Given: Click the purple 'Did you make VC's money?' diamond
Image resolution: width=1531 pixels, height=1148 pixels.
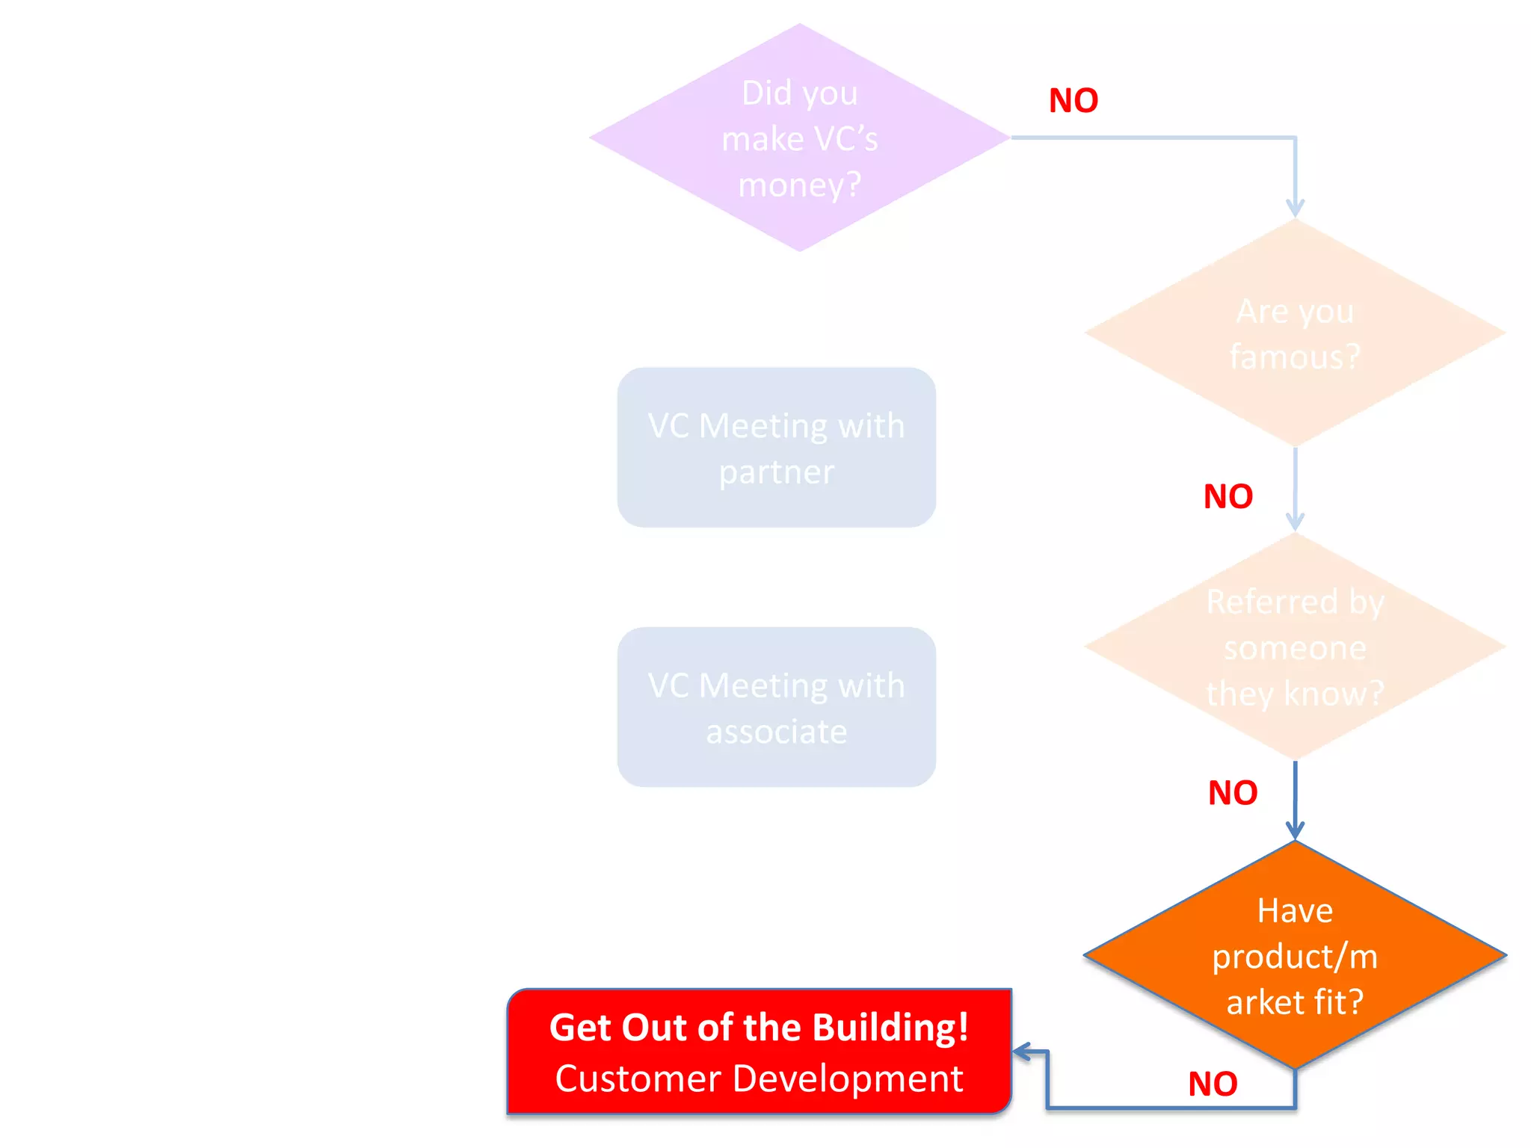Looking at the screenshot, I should tap(799, 138).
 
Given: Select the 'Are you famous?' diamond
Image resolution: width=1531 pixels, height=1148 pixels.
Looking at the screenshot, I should tap(1294, 333).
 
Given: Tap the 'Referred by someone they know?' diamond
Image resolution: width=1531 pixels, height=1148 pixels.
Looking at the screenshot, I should tap(1294, 647).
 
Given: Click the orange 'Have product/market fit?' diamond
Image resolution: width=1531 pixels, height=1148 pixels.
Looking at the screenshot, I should tap(1294, 955).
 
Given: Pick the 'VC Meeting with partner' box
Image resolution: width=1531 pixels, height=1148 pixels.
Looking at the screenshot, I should tap(776, 448).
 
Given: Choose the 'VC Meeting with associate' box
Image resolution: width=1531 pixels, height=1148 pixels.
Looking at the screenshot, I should tap(776, 707).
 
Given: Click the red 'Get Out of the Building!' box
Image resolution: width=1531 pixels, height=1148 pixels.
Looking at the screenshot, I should tap(759, 1052).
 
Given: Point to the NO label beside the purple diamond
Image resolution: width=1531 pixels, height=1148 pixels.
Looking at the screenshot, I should tap(1073, 101).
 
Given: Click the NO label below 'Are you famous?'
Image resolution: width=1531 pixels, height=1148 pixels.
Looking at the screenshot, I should tap(1227, 497).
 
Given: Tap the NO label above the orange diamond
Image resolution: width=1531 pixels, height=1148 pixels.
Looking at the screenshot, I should tap(1233, 793).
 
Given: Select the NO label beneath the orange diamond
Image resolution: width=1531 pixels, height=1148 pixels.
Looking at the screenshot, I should tap(1213, 1084).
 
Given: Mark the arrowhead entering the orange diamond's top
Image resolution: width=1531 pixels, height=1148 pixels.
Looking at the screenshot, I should tap(1295, 830).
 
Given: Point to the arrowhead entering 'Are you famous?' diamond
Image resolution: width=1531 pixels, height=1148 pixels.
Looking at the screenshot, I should tap(1295, 208).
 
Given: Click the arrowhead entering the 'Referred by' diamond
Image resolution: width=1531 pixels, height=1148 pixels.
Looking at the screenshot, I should tap(1295, 521).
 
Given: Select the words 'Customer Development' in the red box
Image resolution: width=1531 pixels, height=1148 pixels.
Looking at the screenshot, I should tap(759, 1078).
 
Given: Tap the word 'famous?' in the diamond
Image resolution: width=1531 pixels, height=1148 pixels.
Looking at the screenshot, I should tap(1294, 357).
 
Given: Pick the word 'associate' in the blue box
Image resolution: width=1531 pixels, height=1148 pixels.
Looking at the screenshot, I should tap(776, 732).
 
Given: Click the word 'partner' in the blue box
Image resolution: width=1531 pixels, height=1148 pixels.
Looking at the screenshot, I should tap(776, 472).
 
